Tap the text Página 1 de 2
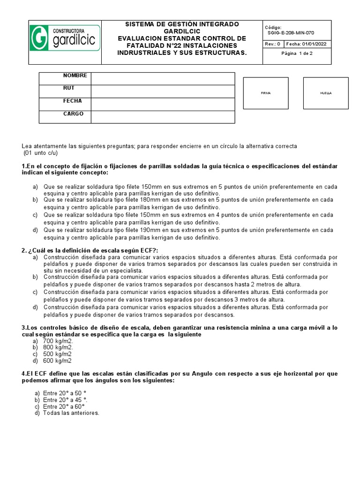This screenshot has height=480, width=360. (297, 54)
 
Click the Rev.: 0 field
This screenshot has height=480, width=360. (273, 44)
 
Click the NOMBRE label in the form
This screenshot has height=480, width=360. (75, 75)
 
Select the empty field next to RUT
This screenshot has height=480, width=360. (163, 91)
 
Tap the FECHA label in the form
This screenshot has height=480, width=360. (72, 101)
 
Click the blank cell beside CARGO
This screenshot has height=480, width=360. (163, 117)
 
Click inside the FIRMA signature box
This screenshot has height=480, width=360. (266, 93)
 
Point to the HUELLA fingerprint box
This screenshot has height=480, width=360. (326, 93)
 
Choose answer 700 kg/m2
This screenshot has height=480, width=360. (58, 341)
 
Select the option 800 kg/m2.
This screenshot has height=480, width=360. (58, 348)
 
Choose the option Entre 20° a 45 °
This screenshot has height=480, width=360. (65, 400)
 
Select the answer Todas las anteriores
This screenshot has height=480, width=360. (71, 413)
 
